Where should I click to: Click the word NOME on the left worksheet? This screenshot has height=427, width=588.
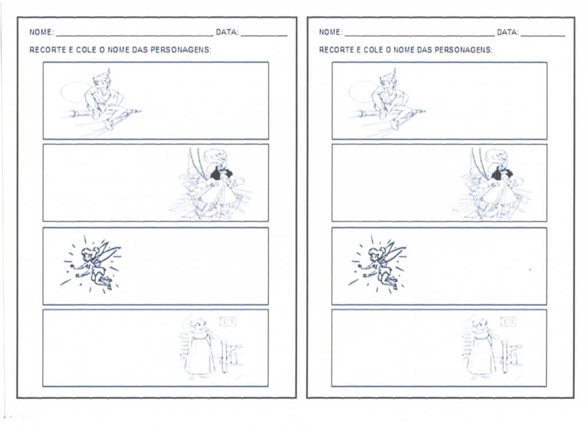[x=41, y=32]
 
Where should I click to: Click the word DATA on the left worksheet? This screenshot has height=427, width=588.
[x=226, y=32]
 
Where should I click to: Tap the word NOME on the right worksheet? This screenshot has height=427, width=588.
[x=330, y=32]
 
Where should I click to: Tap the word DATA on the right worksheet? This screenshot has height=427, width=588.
[x=508, y=32]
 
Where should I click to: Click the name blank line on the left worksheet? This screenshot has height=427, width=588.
[x=134, y=36]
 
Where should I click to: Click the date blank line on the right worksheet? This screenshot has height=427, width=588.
[x=543, y=36]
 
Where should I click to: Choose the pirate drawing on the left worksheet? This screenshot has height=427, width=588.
[x=210, y=184]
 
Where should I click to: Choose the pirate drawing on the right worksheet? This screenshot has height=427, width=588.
[x=492, y=184]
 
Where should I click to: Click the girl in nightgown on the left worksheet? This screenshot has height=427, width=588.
[x=200, y=347]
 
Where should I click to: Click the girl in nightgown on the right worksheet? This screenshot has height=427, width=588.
[x=482, y=347]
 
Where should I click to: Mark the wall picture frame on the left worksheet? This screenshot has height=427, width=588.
[x=228, y=321]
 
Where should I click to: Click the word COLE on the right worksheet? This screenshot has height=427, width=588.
[x=374, y=50]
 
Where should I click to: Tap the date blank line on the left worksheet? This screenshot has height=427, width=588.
[x=264, y=36]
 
